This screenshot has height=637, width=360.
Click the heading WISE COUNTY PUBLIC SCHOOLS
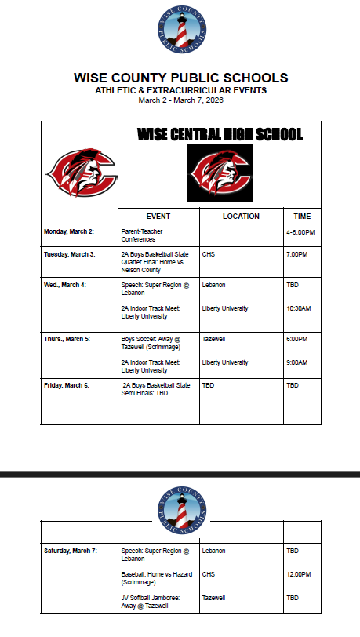tap(180, 78)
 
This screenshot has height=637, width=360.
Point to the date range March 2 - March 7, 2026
tap(180, 100)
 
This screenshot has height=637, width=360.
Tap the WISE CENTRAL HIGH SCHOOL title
tap(220, 135)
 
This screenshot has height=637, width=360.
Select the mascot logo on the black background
tap(220, 173)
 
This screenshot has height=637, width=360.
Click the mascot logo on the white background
tap(78, 173)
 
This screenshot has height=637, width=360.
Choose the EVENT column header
tap(158, 216)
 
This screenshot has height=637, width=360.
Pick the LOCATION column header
tap(241, 216)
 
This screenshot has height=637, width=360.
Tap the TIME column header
tap(302, 216)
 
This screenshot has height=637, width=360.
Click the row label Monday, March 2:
tap(69, 232)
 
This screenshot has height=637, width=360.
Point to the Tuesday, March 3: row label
tap(69, 254)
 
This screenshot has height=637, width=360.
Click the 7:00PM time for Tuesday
tap(296, 254)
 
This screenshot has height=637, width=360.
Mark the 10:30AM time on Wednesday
tap(298, 308)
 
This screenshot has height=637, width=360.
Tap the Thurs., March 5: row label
tap(67, 340)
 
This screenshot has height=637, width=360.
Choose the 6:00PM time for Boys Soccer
tap(296, 340)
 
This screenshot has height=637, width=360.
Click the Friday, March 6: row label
tap(67, 385)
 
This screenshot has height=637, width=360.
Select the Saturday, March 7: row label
tap(71, 551)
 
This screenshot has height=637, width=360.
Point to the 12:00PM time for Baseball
tap(298, 574)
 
